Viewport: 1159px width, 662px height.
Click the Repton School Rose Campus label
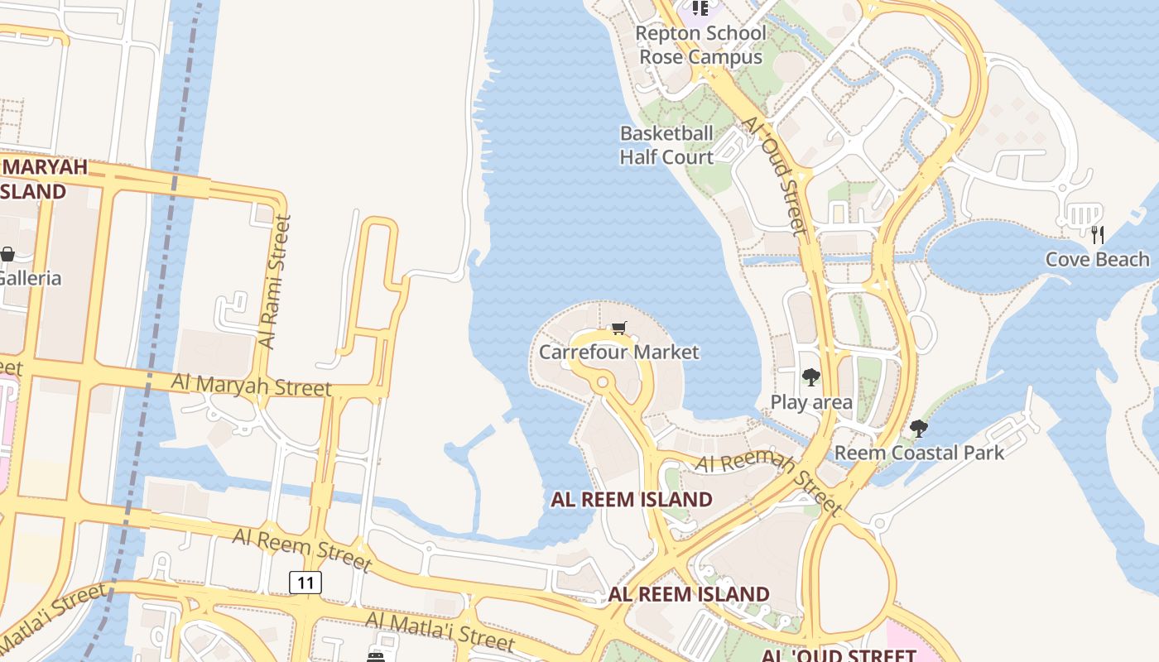(700, 45)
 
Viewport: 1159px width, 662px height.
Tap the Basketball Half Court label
(666, 145)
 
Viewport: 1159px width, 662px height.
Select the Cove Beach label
(1097, 259)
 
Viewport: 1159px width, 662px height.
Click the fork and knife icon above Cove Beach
(1098, 234)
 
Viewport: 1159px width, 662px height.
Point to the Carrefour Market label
(618, 352)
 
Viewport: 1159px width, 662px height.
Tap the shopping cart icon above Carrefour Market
(618, 329)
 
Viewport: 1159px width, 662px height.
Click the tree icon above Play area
(810, 377)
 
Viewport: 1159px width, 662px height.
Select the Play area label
(811, 402)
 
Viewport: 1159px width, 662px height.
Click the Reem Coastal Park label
(919, 453)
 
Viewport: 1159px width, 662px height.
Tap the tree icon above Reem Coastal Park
(918, 428)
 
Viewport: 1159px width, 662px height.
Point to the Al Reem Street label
(301, 549)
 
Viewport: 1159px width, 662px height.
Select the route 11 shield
(305, 583)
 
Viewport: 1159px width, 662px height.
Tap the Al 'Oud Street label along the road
(774, 174)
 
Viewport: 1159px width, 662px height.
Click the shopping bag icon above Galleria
(7, 254)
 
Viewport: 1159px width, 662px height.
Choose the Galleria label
(30, 277)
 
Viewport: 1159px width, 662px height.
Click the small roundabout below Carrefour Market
(602, 382)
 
